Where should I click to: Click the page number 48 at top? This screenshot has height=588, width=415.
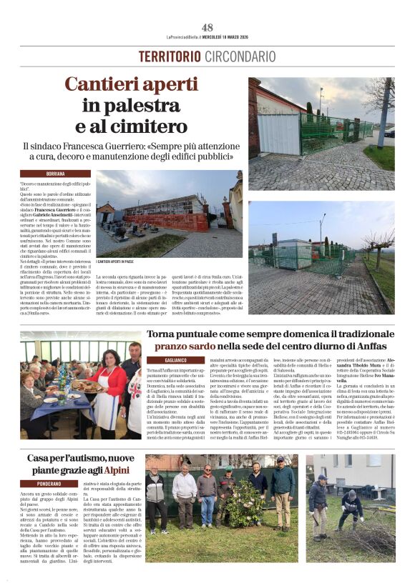click(x=207, y=27)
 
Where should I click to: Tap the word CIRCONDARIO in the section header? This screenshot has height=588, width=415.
click(x=240, y=56)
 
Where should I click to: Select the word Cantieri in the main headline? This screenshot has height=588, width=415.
click(x=106, y=85)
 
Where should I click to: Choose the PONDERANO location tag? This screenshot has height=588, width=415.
click(x=55, y=484)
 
